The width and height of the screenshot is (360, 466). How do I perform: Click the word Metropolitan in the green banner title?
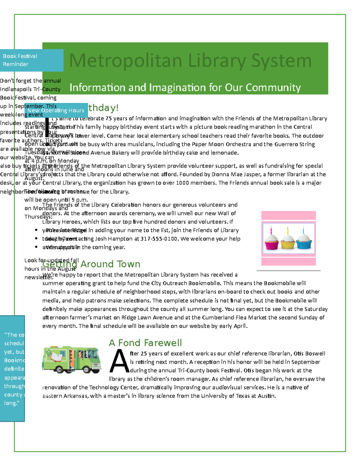[125, 61]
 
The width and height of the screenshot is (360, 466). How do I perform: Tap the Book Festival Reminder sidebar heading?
[20, 60]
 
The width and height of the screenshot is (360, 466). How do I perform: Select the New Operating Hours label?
[56, 110]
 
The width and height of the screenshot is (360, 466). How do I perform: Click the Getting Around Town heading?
[91, 264]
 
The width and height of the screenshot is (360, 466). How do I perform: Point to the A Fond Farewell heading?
[145, 343]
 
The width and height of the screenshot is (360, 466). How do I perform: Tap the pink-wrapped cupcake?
[271, 241]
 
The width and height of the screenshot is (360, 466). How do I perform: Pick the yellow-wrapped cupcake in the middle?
[288, 241]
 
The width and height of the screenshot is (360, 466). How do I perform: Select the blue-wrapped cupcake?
[304, 241]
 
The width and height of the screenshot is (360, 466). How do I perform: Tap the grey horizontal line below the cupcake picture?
[288, 271]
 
